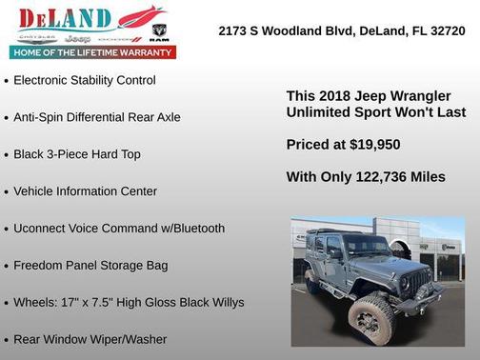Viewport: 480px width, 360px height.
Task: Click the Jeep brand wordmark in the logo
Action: point(80,39)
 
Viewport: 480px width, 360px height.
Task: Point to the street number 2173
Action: point(234,30)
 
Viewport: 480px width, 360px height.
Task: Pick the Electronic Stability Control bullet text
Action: point(84,80)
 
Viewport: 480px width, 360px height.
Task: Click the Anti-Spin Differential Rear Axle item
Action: point(96,117)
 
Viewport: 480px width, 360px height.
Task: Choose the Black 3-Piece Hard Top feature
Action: point(76,154)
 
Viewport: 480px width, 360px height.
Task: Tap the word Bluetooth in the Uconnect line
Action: point(190,229)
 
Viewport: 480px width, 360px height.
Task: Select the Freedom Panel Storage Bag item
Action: point(93,266)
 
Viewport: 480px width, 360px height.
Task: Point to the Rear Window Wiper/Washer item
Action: point(90,340)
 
